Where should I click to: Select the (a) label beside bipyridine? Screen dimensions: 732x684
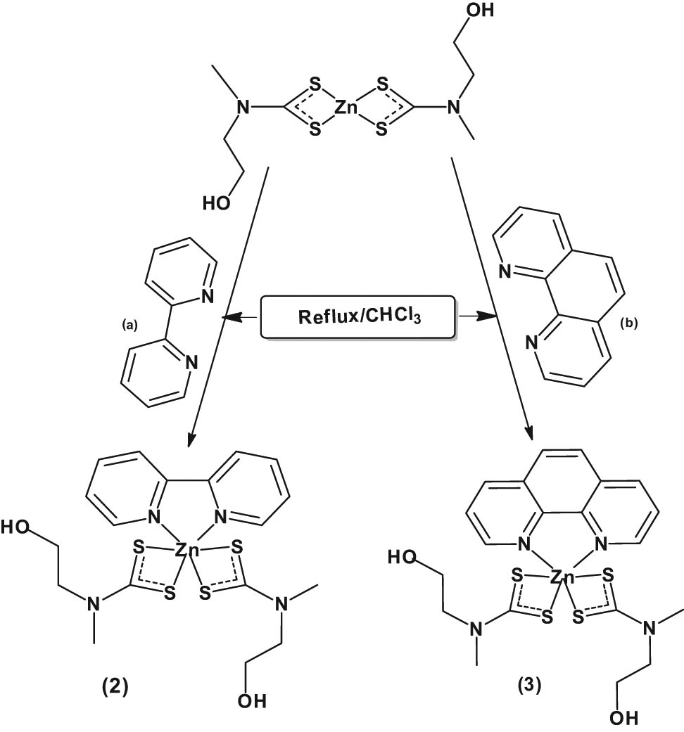click(x=131, y=324)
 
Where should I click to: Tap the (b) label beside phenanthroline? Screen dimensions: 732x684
click(x=629, y=324)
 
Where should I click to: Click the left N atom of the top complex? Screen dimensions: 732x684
click(x=243, y=108)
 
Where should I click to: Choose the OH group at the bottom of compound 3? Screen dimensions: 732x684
click(x=619, y=717)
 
